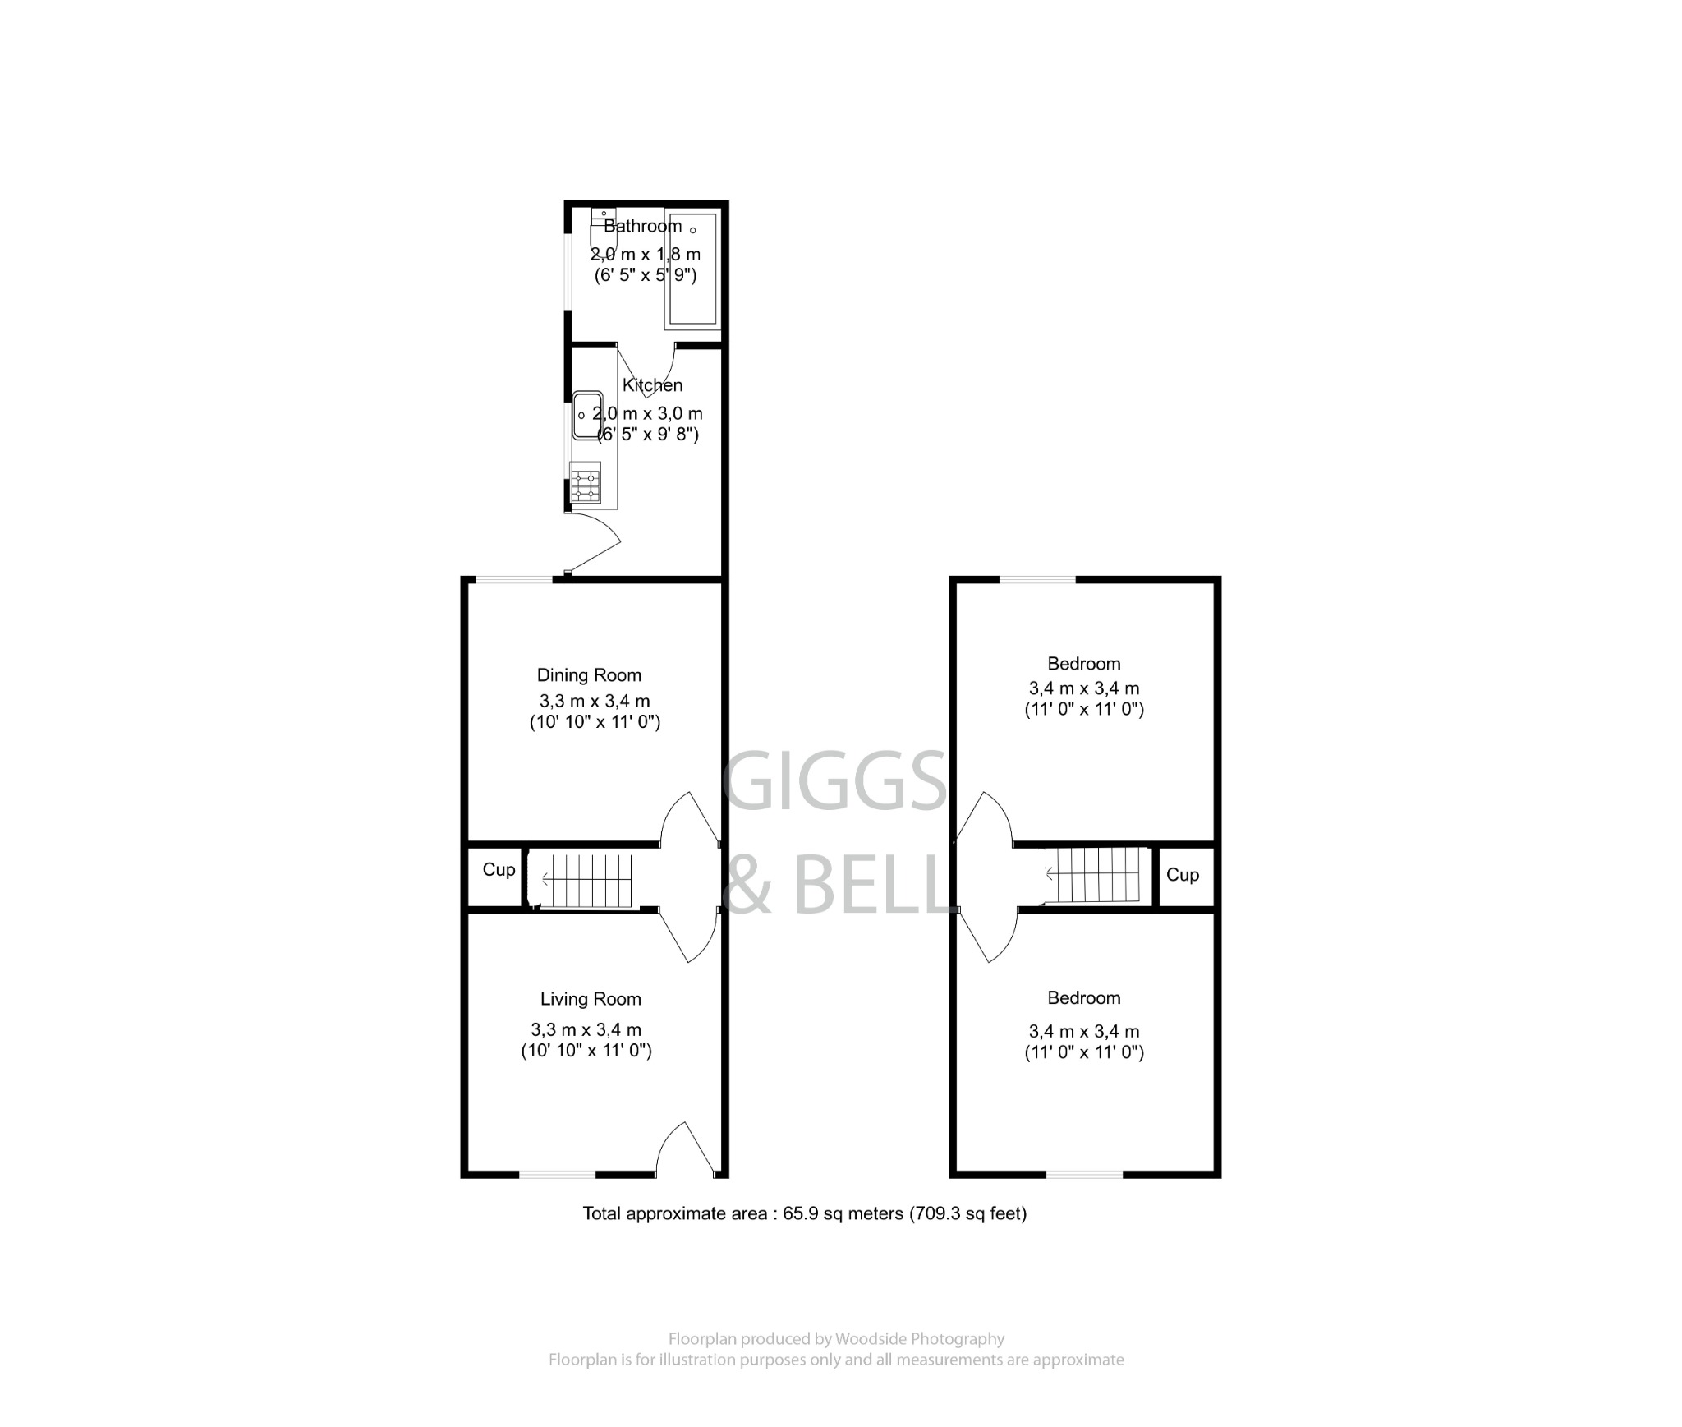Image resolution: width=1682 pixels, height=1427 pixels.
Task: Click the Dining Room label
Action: click(x=589, y=675)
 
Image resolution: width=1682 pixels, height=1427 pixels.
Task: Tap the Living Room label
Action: click(x=590, y=999)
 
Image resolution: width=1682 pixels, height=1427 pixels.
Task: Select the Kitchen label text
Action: click(x=652, y=385)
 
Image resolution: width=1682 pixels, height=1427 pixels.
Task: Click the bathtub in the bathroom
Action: click(x=693, y=269)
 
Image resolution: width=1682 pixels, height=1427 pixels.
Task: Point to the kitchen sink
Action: click(x=586, y=416)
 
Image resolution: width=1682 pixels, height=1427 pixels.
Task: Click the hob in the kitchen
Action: click(x=586, y=483)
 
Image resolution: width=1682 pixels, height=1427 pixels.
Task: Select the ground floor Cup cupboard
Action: click(x=498, y=870)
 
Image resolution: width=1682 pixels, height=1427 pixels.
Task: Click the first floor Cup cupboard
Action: click(x=1182, y=876)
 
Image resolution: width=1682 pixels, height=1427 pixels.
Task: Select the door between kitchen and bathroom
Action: click(x=646, y=370)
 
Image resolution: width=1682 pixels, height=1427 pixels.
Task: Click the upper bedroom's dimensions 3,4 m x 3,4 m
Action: click(x=1083, y=688)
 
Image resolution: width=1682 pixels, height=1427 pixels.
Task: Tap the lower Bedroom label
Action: click(x=1083, y=998)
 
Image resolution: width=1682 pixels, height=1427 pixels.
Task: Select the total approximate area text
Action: click(x=804, y=1213)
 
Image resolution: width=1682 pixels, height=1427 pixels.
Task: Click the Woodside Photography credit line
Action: click(x=835, y=1339)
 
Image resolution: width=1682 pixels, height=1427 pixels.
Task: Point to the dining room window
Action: click(x=514, y=581)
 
